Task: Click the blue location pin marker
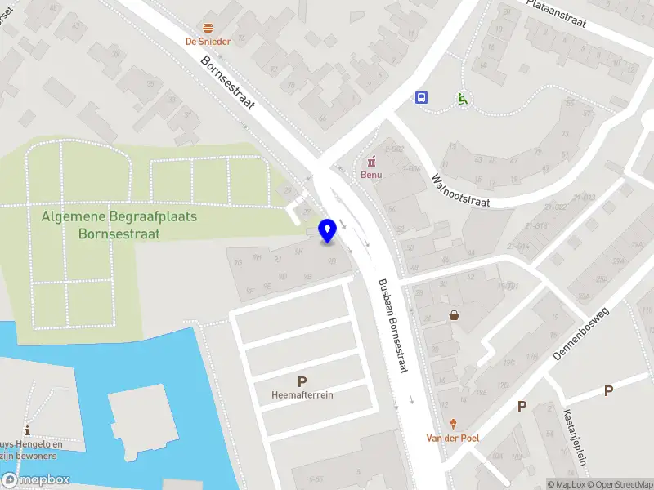[328, 230]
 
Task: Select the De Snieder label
[208, 42]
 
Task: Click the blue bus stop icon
[421, 98]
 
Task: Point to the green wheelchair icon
[462, 99]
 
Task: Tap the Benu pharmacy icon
[372, 160]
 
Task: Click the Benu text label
[372, 174]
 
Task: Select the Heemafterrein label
[302, 395]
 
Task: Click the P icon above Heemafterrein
[302, 381]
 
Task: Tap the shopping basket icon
[454, 315]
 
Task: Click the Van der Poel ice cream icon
[453, 424]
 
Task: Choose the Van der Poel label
[453, 438]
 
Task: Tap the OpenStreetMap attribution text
[620, 484]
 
